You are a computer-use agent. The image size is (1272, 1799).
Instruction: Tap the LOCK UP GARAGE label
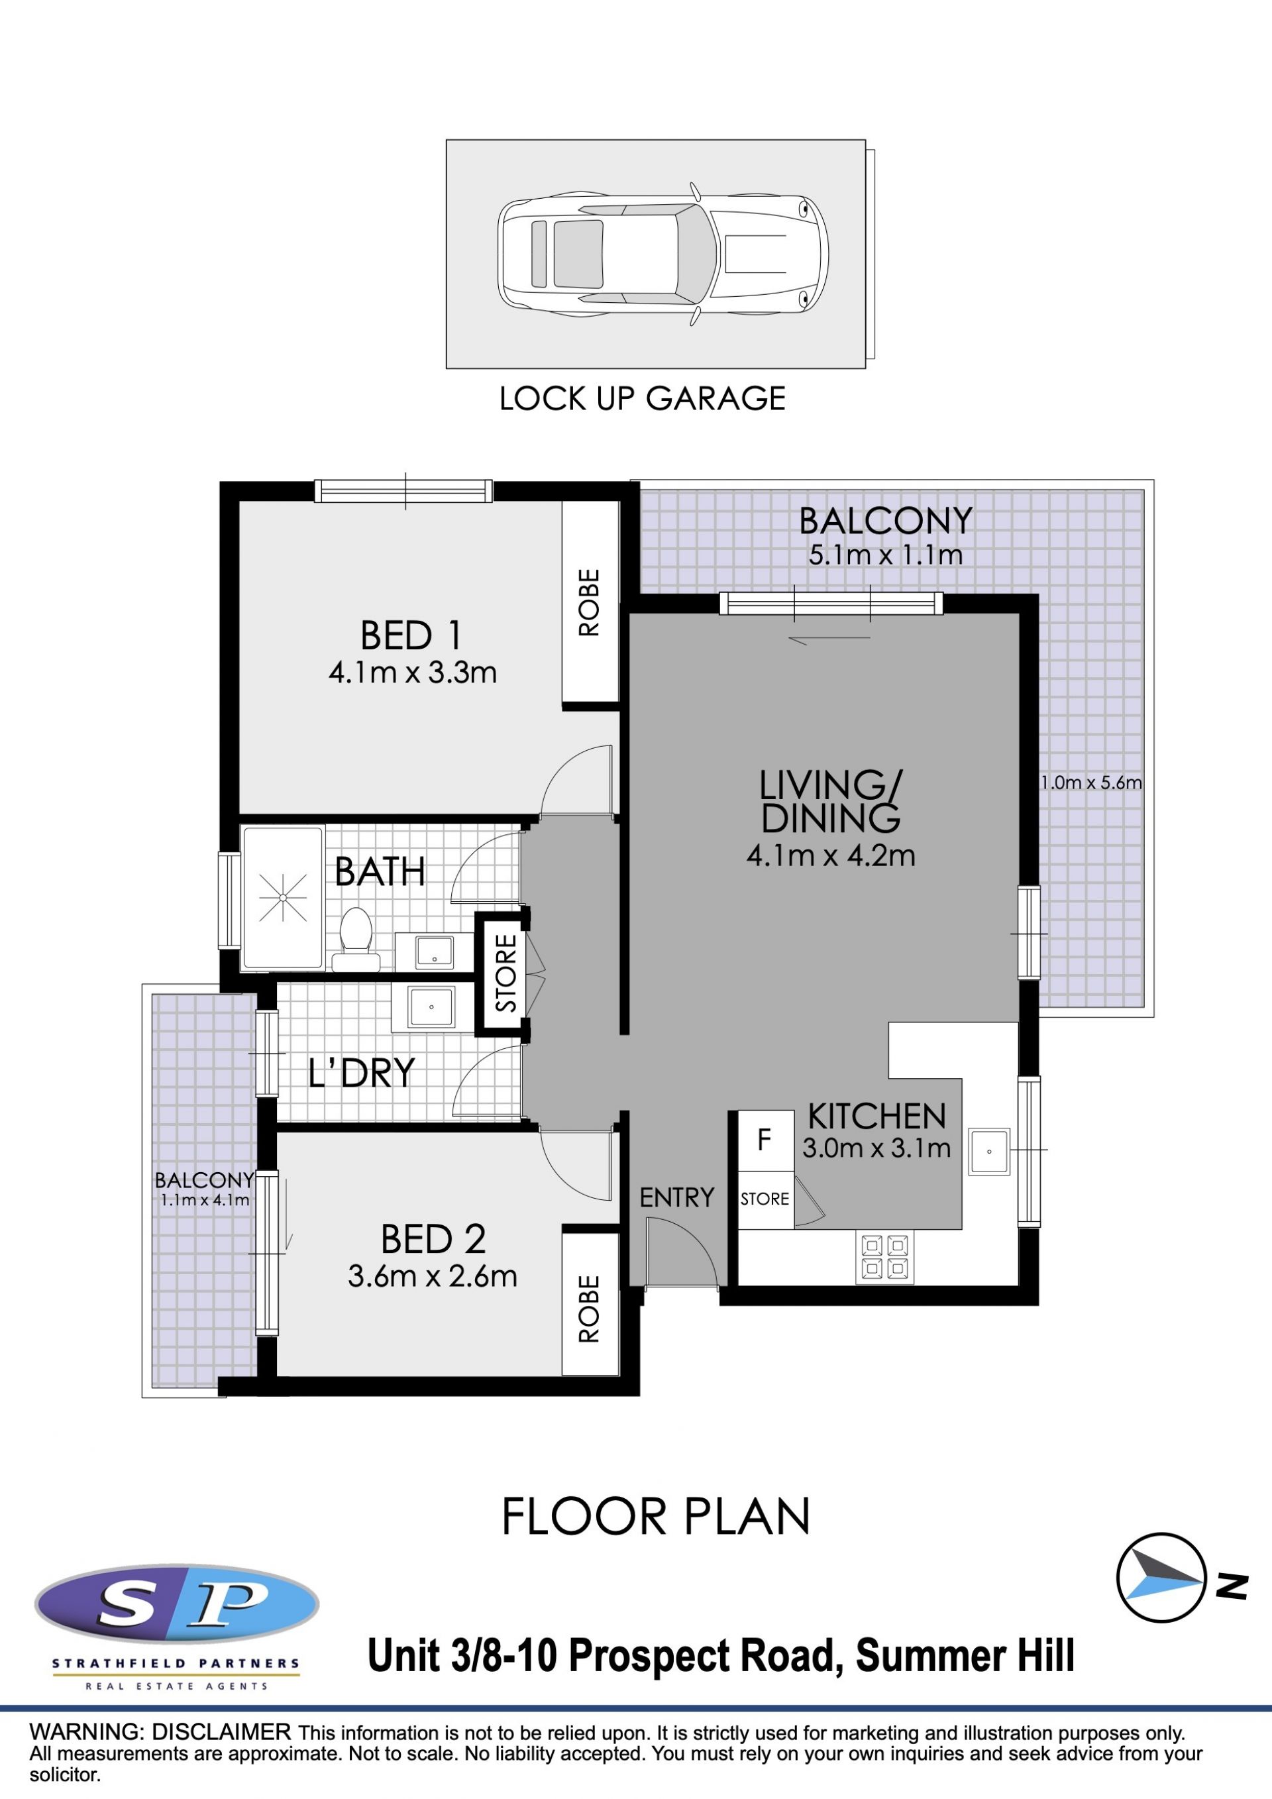point(642,399)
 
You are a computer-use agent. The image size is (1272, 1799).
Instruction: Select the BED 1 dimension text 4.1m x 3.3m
point(413,673)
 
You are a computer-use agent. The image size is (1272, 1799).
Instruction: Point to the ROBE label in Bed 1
point(589,602)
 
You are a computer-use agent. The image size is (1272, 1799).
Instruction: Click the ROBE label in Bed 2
point(589,1309)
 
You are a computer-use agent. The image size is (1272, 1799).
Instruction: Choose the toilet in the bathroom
point(356,940)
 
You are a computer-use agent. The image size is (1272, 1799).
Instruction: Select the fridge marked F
point(765,1141)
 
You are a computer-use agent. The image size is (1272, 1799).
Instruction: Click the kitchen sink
point(989,1152)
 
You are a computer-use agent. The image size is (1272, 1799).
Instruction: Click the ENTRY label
point(676,1197)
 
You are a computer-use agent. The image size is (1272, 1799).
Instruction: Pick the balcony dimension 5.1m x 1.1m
point(885,555)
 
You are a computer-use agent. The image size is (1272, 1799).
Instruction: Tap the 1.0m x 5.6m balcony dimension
point(1091,782)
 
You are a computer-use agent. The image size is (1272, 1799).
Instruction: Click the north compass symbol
point(1161,1578)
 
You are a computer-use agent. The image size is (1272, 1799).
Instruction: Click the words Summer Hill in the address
point(965,1656)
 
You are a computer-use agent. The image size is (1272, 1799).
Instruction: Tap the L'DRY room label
point(361,1073)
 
